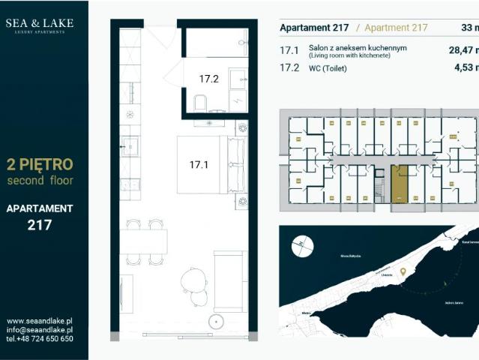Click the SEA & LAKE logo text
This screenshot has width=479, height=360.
point(40,23)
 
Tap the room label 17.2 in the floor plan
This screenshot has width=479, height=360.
point(208,77)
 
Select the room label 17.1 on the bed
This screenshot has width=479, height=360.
point(198,163)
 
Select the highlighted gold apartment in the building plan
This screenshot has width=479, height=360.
point(401,184)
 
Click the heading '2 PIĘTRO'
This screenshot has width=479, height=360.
point(39,165)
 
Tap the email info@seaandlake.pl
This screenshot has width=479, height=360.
point(39,329)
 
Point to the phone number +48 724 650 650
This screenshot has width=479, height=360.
point(39,338)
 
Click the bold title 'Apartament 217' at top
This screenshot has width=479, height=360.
point(313,28)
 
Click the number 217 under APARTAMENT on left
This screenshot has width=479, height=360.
point(39,223)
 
